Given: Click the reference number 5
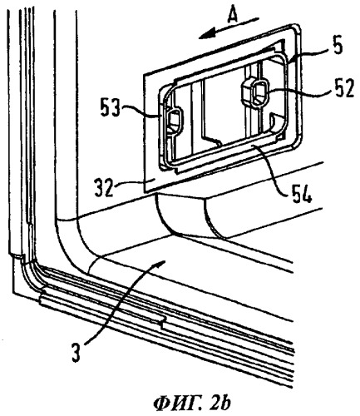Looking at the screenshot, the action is click(337, 47).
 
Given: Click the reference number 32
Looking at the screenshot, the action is click(105, 187).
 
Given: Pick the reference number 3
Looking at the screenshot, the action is click(76, 350).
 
